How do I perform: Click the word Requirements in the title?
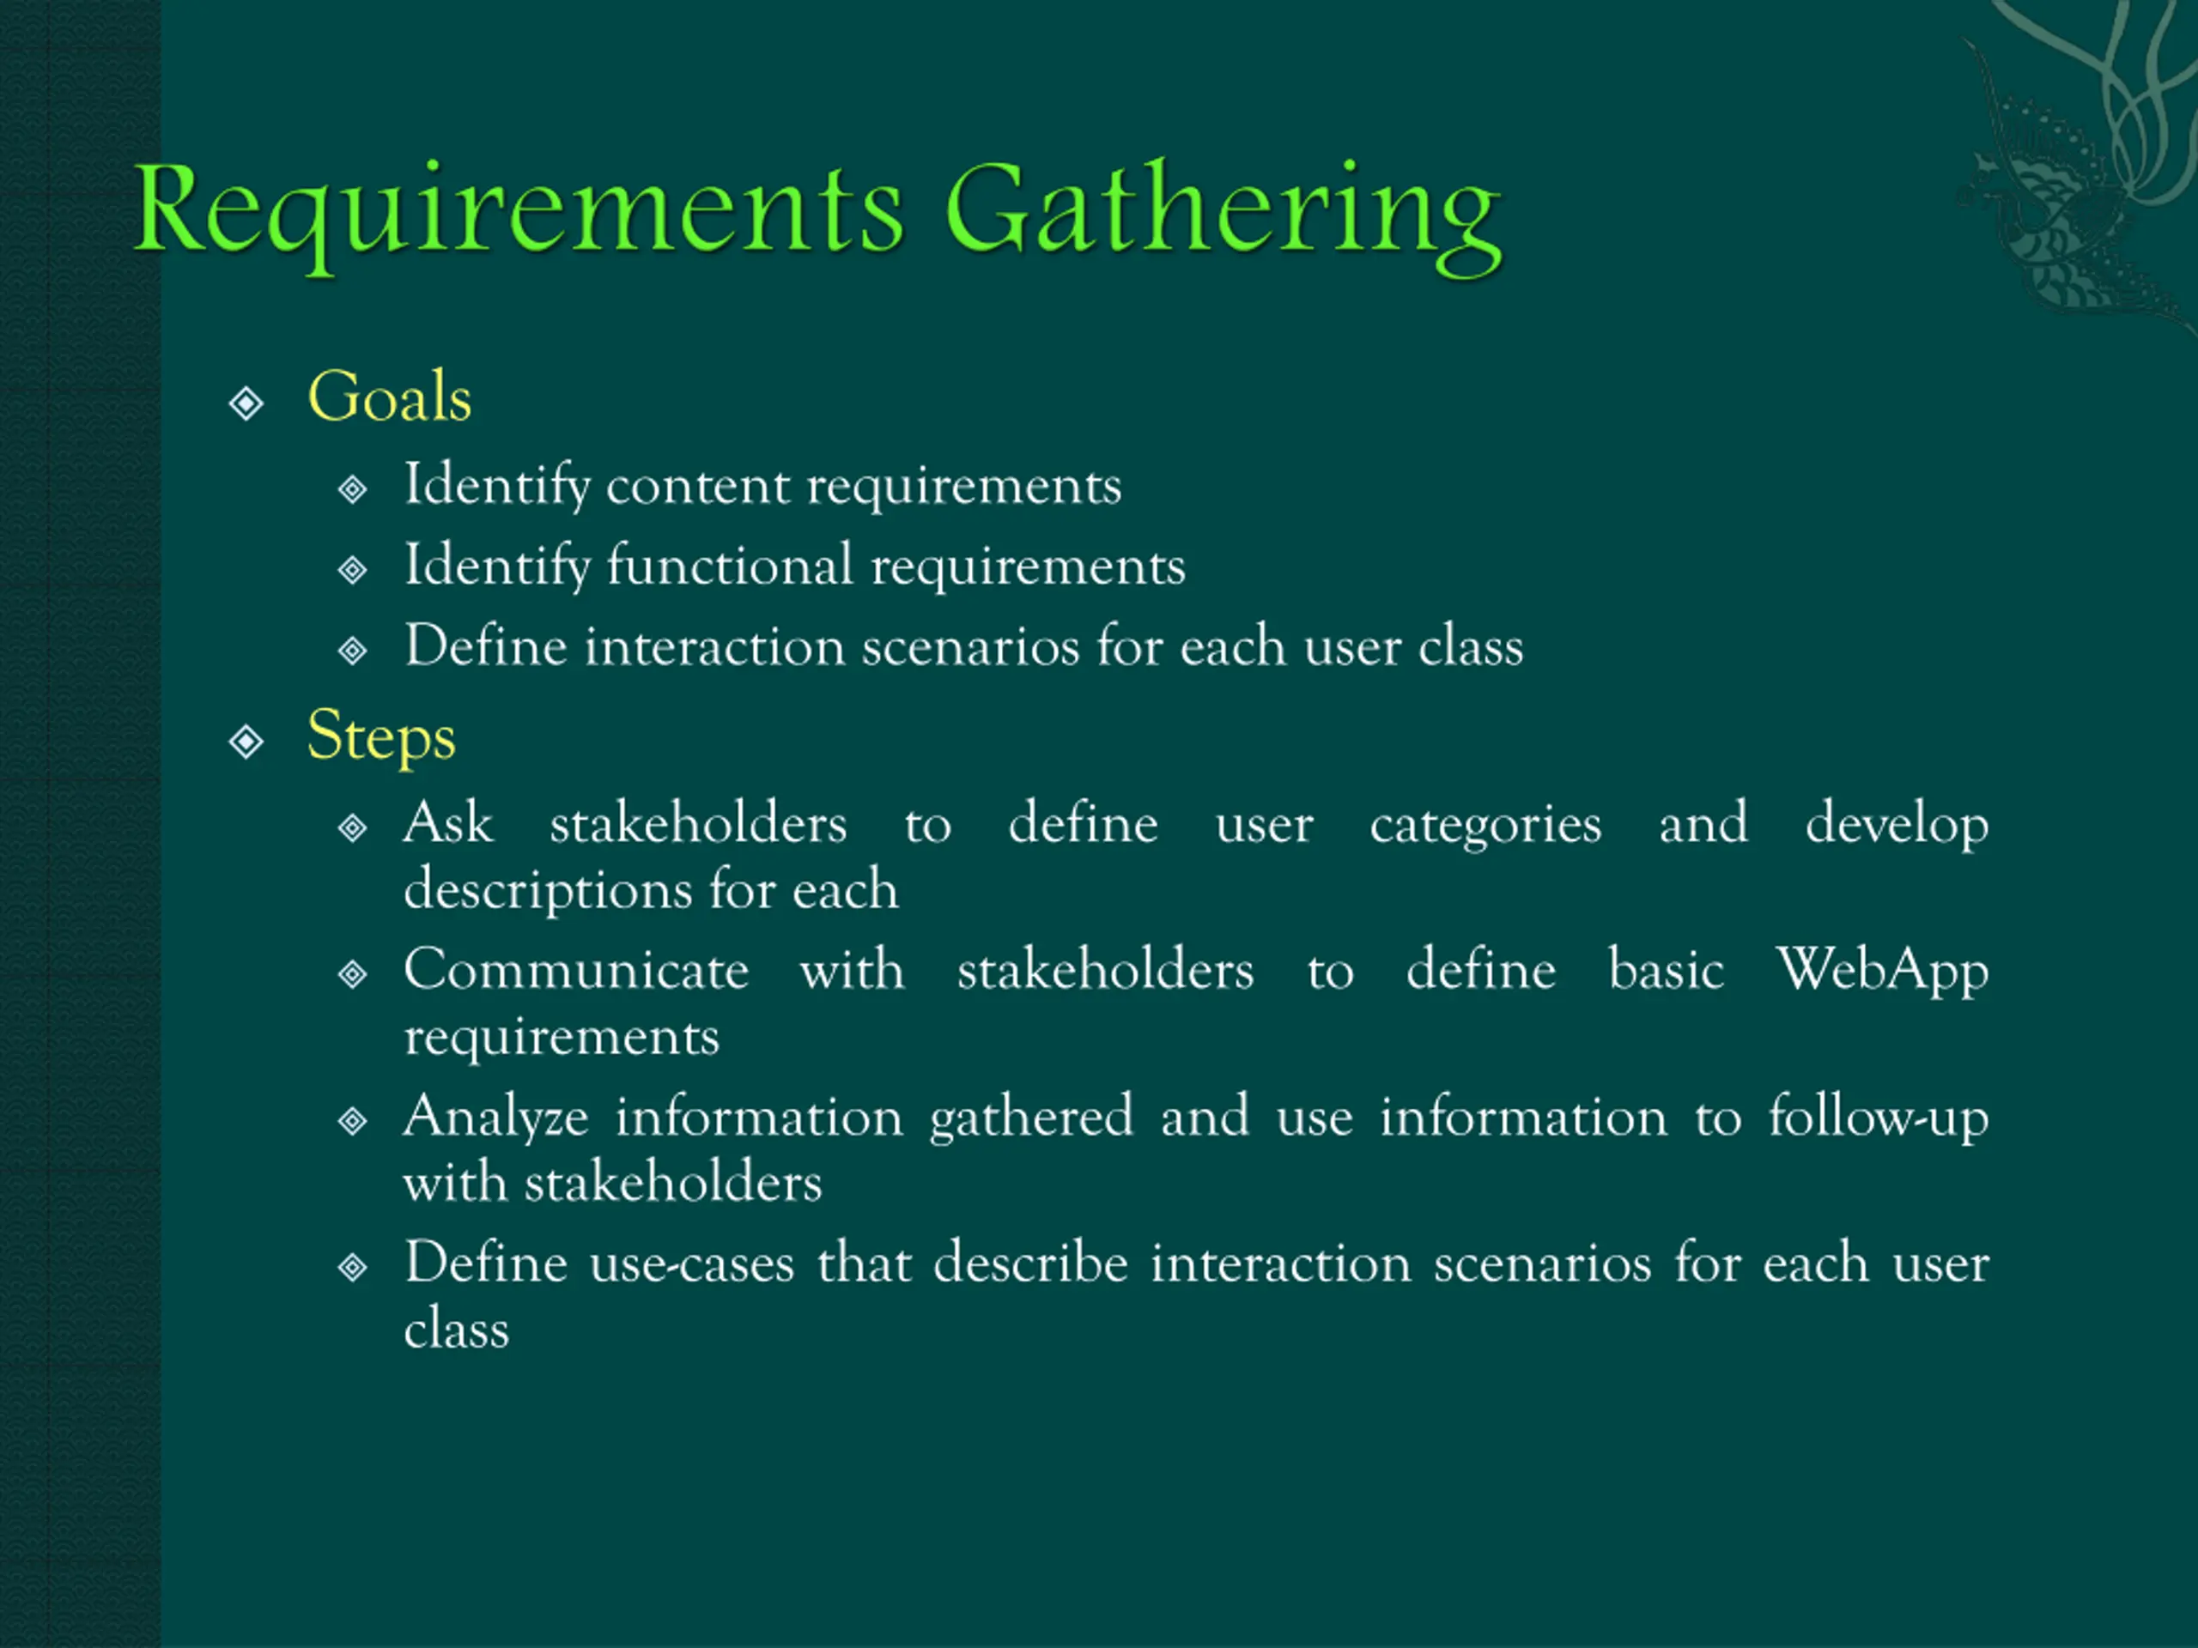point(517,210)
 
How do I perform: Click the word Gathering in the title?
point(1223,214)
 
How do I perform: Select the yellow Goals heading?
point(389,397)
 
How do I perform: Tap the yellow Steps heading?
point(380,737)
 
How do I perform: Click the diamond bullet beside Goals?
point(246,403)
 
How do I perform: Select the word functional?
point(729,566)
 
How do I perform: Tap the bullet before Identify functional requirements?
point(353,570)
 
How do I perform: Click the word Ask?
point(447,823)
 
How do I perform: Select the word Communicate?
point(575,971)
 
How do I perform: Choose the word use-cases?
point(690,1264)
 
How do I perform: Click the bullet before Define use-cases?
point(353,1268)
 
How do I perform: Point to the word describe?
point(1029,1263)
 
